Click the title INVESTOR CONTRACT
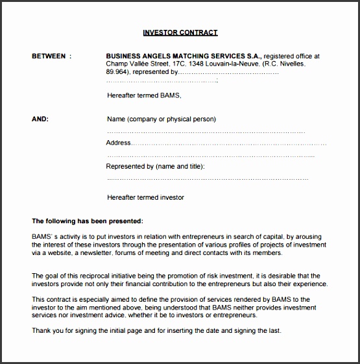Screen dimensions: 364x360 (x=180, y=32)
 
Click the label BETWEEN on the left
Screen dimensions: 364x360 (x=49, y=56)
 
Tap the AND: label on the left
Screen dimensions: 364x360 (x=40, y=119)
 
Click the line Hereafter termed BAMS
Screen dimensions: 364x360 (x=144, y=95)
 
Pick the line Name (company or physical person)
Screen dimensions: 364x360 (x=161, y=119)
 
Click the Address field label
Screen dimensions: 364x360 (x=119, y=143)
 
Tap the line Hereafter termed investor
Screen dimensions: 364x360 (x=145, y=197)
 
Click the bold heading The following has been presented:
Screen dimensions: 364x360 (x=88, y=221)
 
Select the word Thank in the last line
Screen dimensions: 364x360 (x=40, y=331)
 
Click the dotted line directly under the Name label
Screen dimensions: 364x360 (x=206, y=132)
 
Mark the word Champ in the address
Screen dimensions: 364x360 (x=118, y=64)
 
